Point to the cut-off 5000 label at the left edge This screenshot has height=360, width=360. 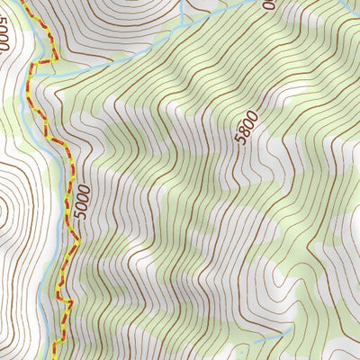[x=5, y=37]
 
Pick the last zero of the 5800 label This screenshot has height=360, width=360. [x=253, y=114]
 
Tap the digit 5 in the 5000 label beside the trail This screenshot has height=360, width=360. [x=85, y=219]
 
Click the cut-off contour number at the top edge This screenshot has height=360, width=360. [x=267, y=4]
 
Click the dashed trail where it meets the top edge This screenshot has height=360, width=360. [x=25, y=3]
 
